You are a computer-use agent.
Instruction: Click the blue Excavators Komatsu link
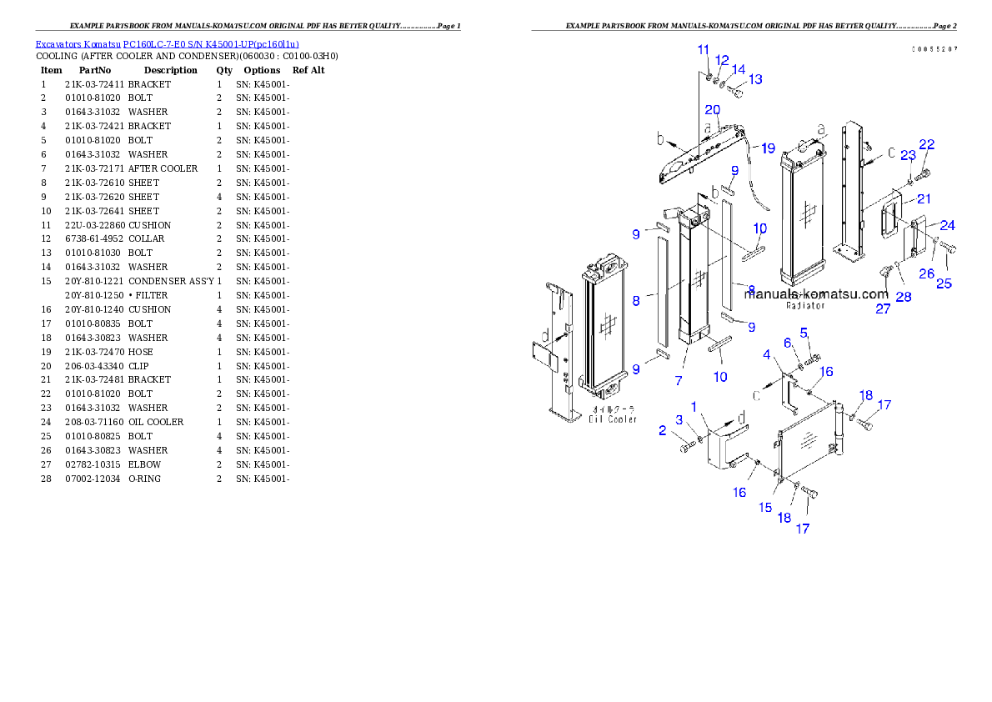point(167,44)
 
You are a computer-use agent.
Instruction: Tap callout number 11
point(704,51)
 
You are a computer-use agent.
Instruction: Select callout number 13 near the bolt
point(754,79)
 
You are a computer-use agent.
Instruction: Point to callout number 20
point(712,110)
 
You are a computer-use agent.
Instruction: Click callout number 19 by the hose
point(767,148)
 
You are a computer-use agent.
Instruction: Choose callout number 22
point(926,145)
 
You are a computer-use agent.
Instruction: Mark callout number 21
point(924,198)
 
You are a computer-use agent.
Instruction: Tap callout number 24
point(948,225)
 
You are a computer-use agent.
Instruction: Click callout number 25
point(944,283)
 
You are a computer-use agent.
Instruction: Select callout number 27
point(882,308)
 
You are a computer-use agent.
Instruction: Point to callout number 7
point(679,380)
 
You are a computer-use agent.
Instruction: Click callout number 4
point(766,355)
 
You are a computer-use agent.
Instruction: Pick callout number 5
point(804,333)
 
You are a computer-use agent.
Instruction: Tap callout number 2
point(663,430)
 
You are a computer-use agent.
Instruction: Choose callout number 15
point(764,507)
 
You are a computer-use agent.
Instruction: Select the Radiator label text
point(805,305)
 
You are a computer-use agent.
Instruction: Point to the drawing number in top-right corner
point(934,49)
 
